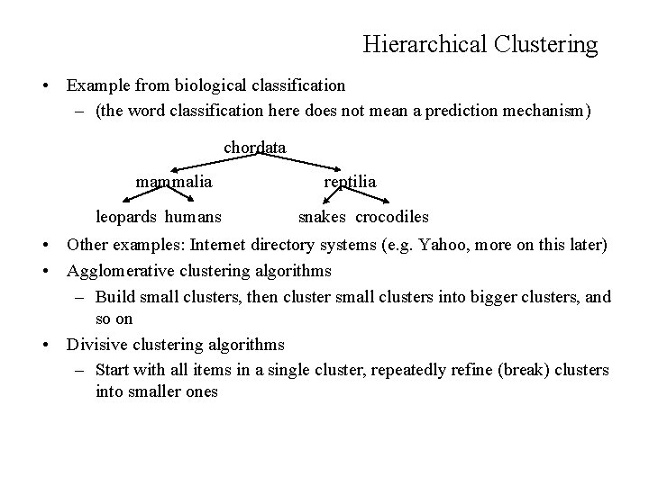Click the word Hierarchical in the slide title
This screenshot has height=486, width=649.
point(424,43)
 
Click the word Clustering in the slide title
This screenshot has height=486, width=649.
point(544,43)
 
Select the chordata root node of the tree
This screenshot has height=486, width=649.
point(254,147)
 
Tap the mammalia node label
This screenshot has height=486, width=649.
point(174,182)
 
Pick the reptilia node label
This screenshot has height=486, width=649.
point(350,182)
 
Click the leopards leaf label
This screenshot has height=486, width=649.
point(127,217)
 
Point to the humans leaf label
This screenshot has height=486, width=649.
point(193,217)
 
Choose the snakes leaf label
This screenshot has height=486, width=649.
point(324,217)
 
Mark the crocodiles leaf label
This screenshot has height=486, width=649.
point(391,217)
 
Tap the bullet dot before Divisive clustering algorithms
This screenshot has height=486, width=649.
point(43,346)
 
